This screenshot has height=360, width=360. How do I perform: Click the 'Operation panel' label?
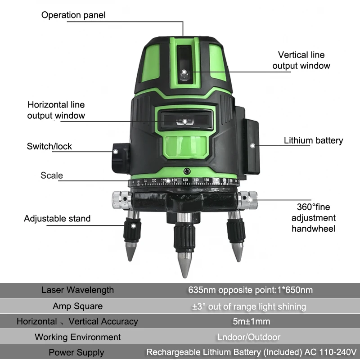click(73, 15)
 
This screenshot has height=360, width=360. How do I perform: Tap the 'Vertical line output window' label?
click(301, 60)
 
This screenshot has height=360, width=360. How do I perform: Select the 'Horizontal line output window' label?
click(56, 110)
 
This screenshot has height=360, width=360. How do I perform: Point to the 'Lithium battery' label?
click(313, 140)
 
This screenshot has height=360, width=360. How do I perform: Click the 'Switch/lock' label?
click(49, 146)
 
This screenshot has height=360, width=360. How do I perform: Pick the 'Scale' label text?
click(52, 175)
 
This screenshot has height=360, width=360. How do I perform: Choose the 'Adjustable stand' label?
click(57, 219)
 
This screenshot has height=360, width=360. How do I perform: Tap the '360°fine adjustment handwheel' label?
click(313, 218)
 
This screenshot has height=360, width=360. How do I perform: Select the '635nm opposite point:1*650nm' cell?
click(250, 290)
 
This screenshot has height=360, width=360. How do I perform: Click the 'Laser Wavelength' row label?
click(77, 290)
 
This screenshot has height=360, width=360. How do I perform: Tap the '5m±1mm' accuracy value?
click(250, 321)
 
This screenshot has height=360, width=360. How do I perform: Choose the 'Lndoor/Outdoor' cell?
click(250, 337)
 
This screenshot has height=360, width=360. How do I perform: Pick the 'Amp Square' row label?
click(77, 306)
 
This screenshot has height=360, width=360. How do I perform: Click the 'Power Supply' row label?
click(76, 352)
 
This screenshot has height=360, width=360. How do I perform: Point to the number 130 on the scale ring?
click(185, 180)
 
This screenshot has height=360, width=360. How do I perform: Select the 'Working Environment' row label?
click(77, 337)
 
